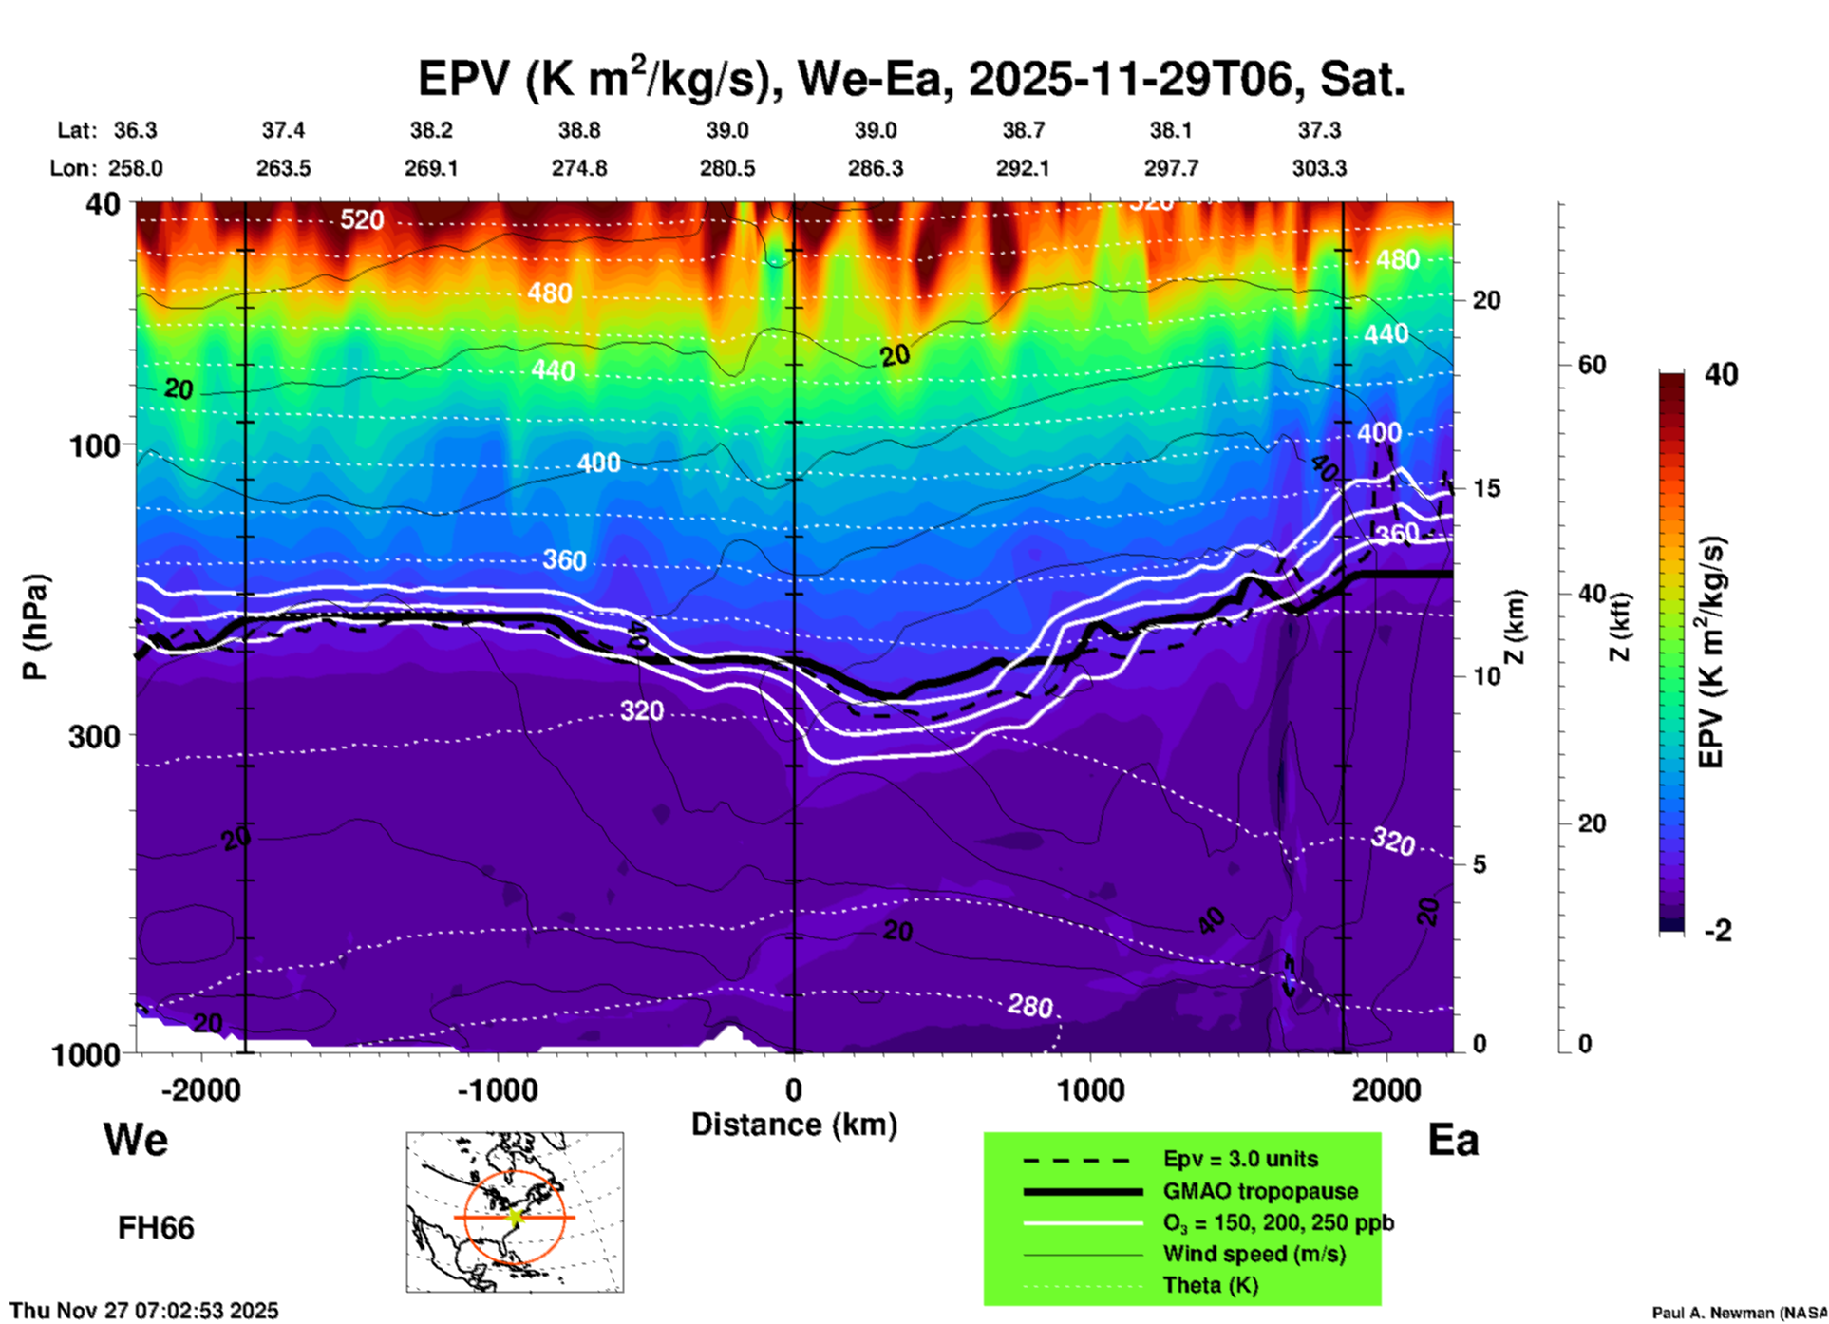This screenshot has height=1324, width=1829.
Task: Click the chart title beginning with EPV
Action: pos(912,78)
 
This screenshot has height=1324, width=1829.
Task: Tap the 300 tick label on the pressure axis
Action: pos(94,735)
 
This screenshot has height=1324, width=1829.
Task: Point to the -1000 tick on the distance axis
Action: pos(498,1090)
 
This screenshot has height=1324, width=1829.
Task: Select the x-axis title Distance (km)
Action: pos(794,1125)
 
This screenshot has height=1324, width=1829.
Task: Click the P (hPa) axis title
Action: pos(34,627)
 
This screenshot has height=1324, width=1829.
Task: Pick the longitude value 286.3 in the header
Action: pos(875,168)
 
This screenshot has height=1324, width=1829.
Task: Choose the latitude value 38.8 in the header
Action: pos(579,130)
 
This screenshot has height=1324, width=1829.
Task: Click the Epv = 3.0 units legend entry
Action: pos(1240,1160)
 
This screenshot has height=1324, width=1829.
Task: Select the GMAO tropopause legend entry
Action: pos(1260,1191)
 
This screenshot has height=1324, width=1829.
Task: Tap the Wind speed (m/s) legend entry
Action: pos(1254,1254)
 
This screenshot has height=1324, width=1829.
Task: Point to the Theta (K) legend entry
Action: pos(1210,1285)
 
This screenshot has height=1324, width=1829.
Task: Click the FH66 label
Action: pos(156,1228)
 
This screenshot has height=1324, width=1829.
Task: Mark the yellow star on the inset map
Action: pos(516,1216)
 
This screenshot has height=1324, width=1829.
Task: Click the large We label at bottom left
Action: pos(136,1139)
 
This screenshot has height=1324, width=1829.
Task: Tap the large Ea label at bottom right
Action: pos(1453,1141)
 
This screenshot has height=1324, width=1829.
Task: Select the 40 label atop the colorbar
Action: pos(1721,374)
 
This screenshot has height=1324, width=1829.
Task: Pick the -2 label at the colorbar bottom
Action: pos(1718,931)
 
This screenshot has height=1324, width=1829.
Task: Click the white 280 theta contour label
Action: pos(1030,1005)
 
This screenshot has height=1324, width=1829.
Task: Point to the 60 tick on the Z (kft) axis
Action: pos(1593,365)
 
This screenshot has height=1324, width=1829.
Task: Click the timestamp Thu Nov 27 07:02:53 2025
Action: pos(144,1311)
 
